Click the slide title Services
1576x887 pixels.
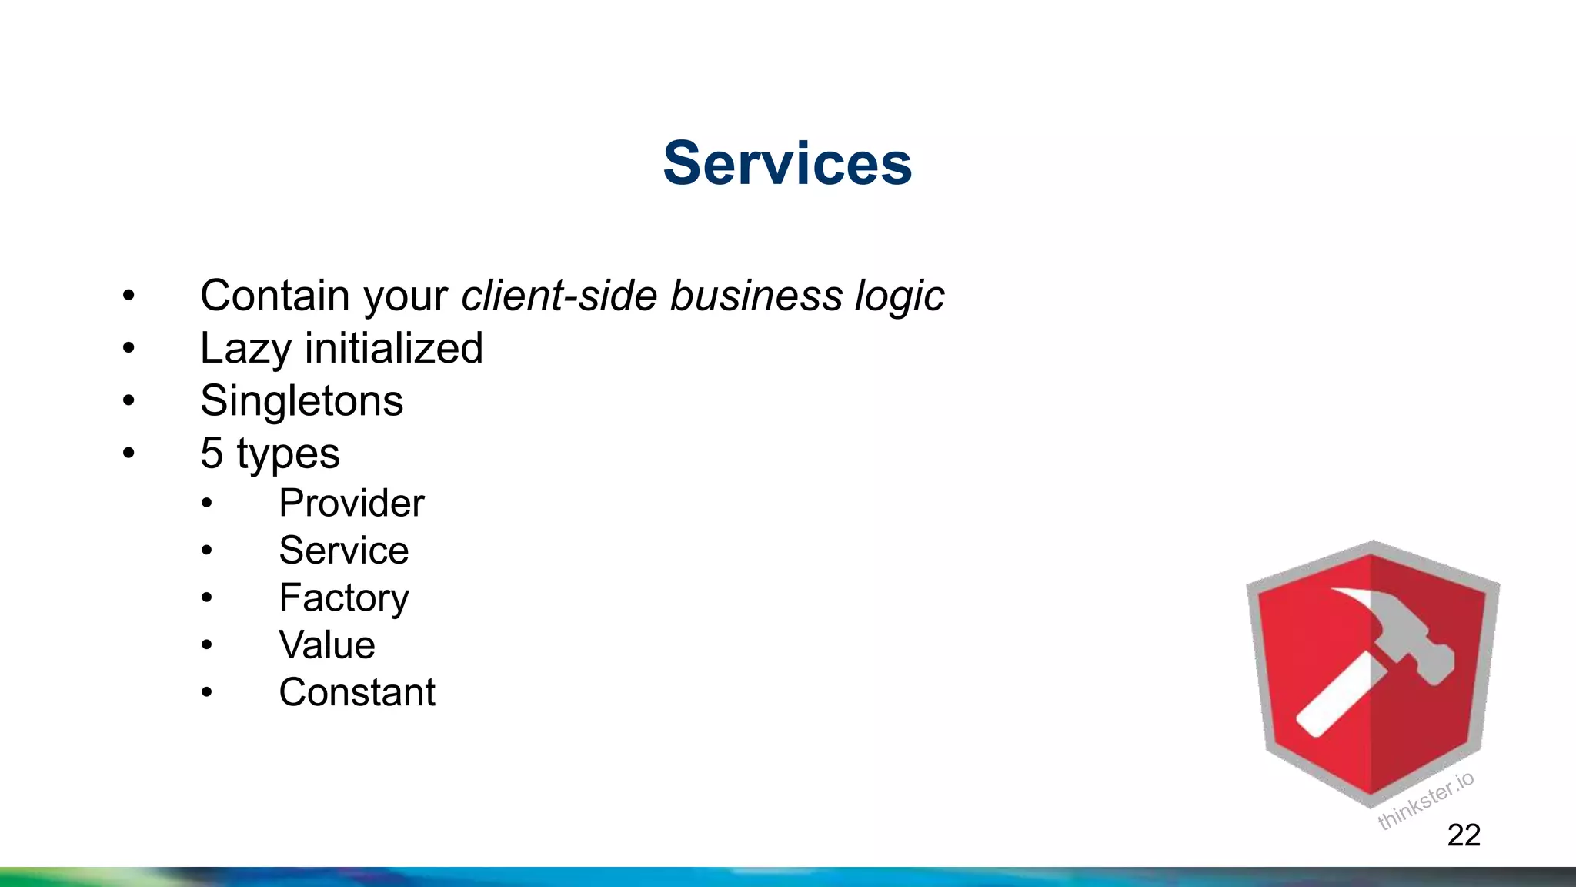(787, 163)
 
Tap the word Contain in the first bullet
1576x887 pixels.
(275, 296)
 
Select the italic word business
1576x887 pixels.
(756, 296)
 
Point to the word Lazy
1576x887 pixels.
(245, 349)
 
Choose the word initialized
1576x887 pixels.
(394, 348)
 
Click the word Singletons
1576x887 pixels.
(302, 401)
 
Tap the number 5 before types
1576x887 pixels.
(212, 453)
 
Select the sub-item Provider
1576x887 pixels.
(351, 504)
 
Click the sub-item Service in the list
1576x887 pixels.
(343, 551)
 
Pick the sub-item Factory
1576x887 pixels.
(344, 598)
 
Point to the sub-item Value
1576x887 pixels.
(327, 645)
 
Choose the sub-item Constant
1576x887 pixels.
(357, 692)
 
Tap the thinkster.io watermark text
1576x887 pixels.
(1425, 801)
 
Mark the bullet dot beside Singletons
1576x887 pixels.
(129, 400)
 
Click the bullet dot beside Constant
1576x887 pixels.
(206, 692)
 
